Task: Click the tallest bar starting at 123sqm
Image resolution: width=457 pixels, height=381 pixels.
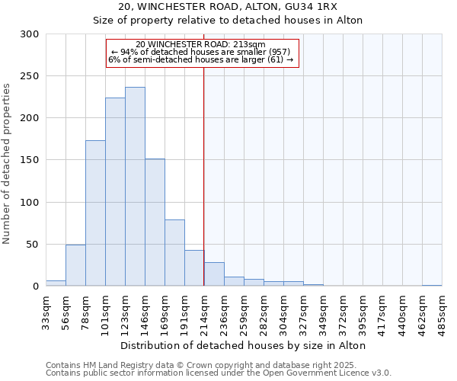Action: click(135, 187)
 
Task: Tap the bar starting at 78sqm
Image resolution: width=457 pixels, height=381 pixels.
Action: click(95, 213)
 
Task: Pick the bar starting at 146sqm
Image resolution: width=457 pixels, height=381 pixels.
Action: click(155, 223)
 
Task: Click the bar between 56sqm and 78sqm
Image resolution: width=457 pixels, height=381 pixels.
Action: click(75, 265)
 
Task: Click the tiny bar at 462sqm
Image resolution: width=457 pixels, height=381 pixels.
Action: click(432, 286)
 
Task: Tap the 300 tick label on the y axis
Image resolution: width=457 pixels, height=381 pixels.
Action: click(30, 34)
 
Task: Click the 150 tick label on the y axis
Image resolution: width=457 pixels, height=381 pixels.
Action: click(30, 161)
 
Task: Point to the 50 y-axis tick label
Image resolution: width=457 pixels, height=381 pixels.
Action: click(33, 245)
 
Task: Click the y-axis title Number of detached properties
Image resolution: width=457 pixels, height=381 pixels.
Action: click(7, 164)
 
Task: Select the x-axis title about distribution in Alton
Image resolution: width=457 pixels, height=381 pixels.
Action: click(244, 345)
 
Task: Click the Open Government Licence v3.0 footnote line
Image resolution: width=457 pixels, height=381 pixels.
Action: click(219, 373)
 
